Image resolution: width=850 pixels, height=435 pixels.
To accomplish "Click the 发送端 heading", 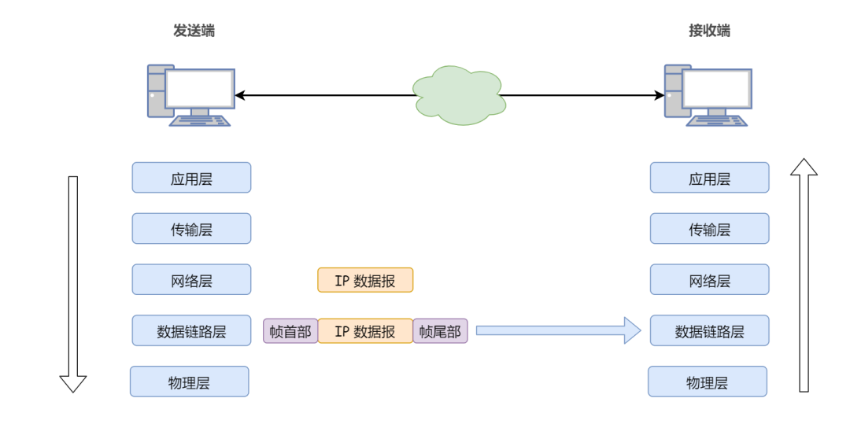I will (x=194, y=31).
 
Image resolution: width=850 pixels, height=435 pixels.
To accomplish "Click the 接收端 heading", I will (x=709, y=31).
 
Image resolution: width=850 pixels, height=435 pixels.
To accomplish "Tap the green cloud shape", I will (x=458, y=95).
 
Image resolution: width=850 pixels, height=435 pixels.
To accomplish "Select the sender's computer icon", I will (x=190, y=96).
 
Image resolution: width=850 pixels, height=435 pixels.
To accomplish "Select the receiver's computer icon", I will (x=708, y=96).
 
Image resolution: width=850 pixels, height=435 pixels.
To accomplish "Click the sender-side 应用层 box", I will (x=191, y=178).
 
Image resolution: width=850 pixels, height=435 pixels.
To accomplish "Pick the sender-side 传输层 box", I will (x=191, y=228).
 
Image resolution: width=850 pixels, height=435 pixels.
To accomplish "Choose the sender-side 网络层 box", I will (x=191, y=279).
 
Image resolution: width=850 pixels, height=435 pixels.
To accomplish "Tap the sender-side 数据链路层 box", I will (x=191, y=330).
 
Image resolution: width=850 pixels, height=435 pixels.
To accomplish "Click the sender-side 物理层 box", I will (x=189, y=382).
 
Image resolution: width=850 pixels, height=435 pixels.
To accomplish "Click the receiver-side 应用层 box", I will (x=709, y=178).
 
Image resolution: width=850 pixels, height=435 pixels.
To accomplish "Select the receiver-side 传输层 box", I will (x=709, y=228).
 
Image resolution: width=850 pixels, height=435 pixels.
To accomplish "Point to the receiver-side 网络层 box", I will (x=709, y=279).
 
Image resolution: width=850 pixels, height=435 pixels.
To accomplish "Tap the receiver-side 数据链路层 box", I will (x=709, y=330).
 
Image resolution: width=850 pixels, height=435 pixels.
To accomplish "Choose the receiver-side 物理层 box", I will (x=707, y=382).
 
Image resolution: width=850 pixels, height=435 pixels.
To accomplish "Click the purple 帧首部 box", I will (x=290, y=331).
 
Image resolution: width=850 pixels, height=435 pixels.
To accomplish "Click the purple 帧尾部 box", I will (x=440, y=331).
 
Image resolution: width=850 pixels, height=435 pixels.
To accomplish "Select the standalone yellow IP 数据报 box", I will (x=365, y=280).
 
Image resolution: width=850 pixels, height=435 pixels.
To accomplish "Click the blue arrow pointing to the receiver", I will (x=559, y=330).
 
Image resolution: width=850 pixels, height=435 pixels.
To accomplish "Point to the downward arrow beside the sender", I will (x=73, y=283).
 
